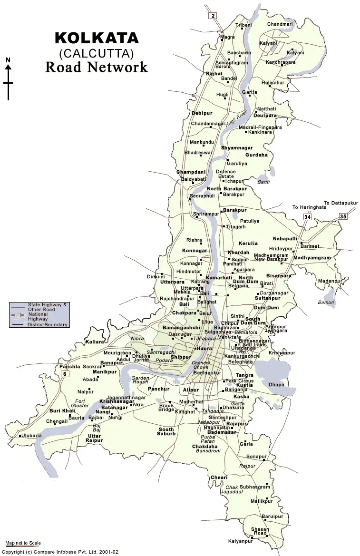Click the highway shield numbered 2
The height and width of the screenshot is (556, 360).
pos(213,16)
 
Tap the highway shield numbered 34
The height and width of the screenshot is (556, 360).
pos(307,217)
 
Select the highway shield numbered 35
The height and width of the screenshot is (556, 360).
pos(343,216)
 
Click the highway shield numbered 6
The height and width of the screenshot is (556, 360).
pos(65,374)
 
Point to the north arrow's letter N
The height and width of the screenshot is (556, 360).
pos(8,60)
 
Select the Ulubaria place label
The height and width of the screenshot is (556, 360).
pos(31,435)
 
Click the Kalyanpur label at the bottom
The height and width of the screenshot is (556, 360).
pos(240,541)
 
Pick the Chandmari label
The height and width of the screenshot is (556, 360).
pos(280,24)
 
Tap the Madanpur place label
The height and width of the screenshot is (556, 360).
pos(330,281)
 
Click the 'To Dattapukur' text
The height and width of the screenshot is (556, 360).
pos(341,203)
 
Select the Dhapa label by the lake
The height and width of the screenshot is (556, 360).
pos(276,384)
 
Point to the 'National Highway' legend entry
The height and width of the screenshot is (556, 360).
pos(38,316)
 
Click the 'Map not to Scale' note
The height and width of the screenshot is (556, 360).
pos(23,543)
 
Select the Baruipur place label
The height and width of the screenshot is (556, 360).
pos(272,516)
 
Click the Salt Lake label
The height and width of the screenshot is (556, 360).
pos(251,344)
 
